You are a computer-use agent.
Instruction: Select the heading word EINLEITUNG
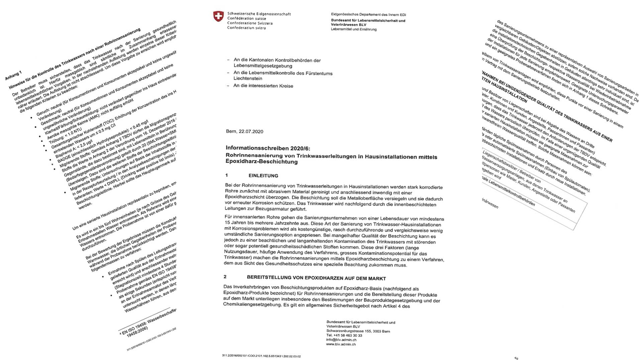click(263, 176)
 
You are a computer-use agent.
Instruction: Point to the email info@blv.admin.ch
click(341, 340)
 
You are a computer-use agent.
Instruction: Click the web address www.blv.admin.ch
click(341, 344)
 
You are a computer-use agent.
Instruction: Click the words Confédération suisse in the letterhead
click(247, 19)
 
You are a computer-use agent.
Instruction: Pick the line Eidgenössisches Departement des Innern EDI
click(368, 15)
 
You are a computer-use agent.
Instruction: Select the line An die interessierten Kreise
click(263, 86)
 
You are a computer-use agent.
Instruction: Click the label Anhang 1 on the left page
click(13, 76)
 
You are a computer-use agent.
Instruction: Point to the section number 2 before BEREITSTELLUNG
click(225, 277)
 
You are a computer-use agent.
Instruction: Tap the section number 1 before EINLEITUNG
click(227, 175)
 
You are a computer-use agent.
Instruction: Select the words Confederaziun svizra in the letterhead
click(246, 28)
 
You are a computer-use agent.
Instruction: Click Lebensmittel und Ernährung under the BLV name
click(354, 29)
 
